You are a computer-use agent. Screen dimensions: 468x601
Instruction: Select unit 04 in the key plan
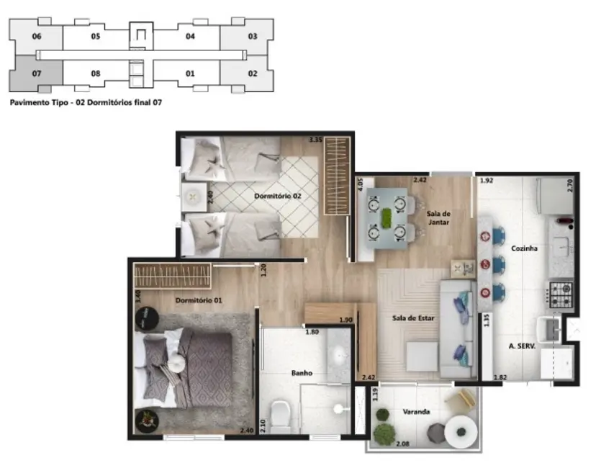coord(190,36)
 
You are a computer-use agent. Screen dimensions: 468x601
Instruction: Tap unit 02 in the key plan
coord(253,73)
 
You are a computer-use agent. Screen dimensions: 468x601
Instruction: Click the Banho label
coord(301,373)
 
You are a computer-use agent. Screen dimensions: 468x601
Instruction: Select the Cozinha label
coord(525,248)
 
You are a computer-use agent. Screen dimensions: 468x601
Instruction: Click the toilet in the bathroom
coord(282,414)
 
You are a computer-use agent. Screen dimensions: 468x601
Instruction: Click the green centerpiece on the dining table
coord(387,216)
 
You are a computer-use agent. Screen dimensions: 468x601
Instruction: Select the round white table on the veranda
coord(458,432)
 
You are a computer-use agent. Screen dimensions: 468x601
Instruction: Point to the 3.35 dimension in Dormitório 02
coord(315,140)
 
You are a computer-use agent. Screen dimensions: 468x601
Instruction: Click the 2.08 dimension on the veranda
coord(402,444)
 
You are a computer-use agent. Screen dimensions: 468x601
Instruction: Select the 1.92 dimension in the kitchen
coord(488,181)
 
